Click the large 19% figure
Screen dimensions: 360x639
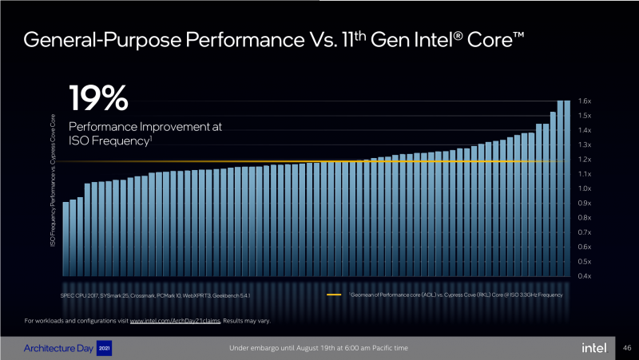tap(98, 98)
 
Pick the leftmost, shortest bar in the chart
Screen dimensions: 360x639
tap(65, 239)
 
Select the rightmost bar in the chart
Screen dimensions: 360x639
tap(567, 188)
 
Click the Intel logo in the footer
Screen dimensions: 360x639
tap(593, 348)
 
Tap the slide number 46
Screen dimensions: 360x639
tap(626, 348)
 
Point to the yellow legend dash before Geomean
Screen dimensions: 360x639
tap(335, 295)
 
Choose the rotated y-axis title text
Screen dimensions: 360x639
tap(54, 179)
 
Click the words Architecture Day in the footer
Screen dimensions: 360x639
tap(56, 348)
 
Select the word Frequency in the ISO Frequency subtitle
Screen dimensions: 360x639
tap(121, 140)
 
